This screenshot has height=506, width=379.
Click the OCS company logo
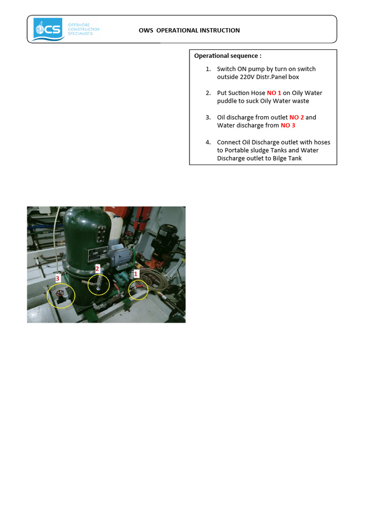[x=48, y=29]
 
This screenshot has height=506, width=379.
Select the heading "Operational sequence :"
[x=227, y=56]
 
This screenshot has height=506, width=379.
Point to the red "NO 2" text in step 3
[x=297, y=118]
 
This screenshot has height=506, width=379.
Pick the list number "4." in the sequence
[x=208, y=142]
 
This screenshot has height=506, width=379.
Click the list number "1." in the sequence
[x=208, y=69]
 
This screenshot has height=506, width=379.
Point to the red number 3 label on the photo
[x=58, y=279]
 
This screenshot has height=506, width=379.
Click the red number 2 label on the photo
[x=97, y=269]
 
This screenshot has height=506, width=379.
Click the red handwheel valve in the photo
[x=60, y=297]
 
